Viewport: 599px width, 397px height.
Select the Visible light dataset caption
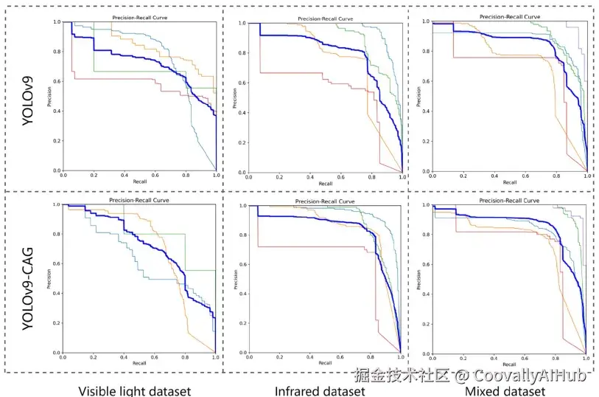(x=135, y=390)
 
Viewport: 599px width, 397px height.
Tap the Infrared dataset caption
(x=320, y=390)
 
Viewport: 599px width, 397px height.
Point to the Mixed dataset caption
(x=505, y=390)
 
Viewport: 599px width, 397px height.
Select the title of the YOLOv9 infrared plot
(x=325, y=18)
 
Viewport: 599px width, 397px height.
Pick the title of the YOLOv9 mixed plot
(x=508, y=16)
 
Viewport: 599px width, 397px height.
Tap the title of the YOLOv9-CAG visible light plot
(x=139, y=200)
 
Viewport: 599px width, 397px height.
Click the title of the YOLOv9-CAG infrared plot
(x=325, y=201)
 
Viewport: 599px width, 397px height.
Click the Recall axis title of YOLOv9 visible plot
(x=139, y=182)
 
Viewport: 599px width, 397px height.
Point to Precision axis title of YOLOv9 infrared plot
(x=234, y=97)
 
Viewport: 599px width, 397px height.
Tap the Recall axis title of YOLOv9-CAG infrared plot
(x=325, y=364)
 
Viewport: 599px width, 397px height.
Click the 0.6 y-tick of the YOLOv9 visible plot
(x=57, y=81)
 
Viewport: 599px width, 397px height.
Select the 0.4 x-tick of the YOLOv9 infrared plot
(x=309, y=178)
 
